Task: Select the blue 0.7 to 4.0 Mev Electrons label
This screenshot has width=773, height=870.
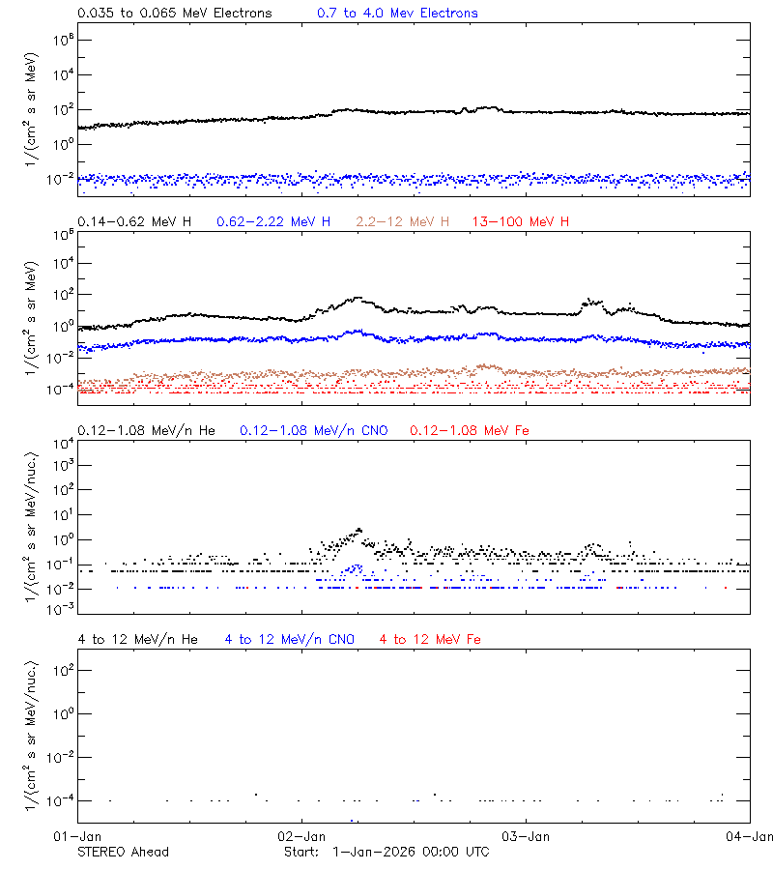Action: pyautogui.click(x=397, y=14)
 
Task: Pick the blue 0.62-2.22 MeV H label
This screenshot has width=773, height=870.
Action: pyautogui.click(x=273, y=222)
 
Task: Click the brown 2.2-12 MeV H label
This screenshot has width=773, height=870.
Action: pyautogui.click(x=403, y=222)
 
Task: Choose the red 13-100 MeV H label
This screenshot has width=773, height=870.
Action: pyautogui.click(x=521, y=222)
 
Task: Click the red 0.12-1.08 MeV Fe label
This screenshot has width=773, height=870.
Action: pyautogui.click(x=469, y=430)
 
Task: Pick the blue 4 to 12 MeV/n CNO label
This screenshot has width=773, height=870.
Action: pyautogui.click(x=289, y=640)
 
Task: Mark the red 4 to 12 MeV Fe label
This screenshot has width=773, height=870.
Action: pyautogui.click(x=430, y=640)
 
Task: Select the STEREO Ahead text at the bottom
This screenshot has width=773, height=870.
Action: pyautogui.click(x=123, y=852)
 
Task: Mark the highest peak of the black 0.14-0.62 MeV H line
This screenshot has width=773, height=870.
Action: pyautogui.click(x=358, y=298)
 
